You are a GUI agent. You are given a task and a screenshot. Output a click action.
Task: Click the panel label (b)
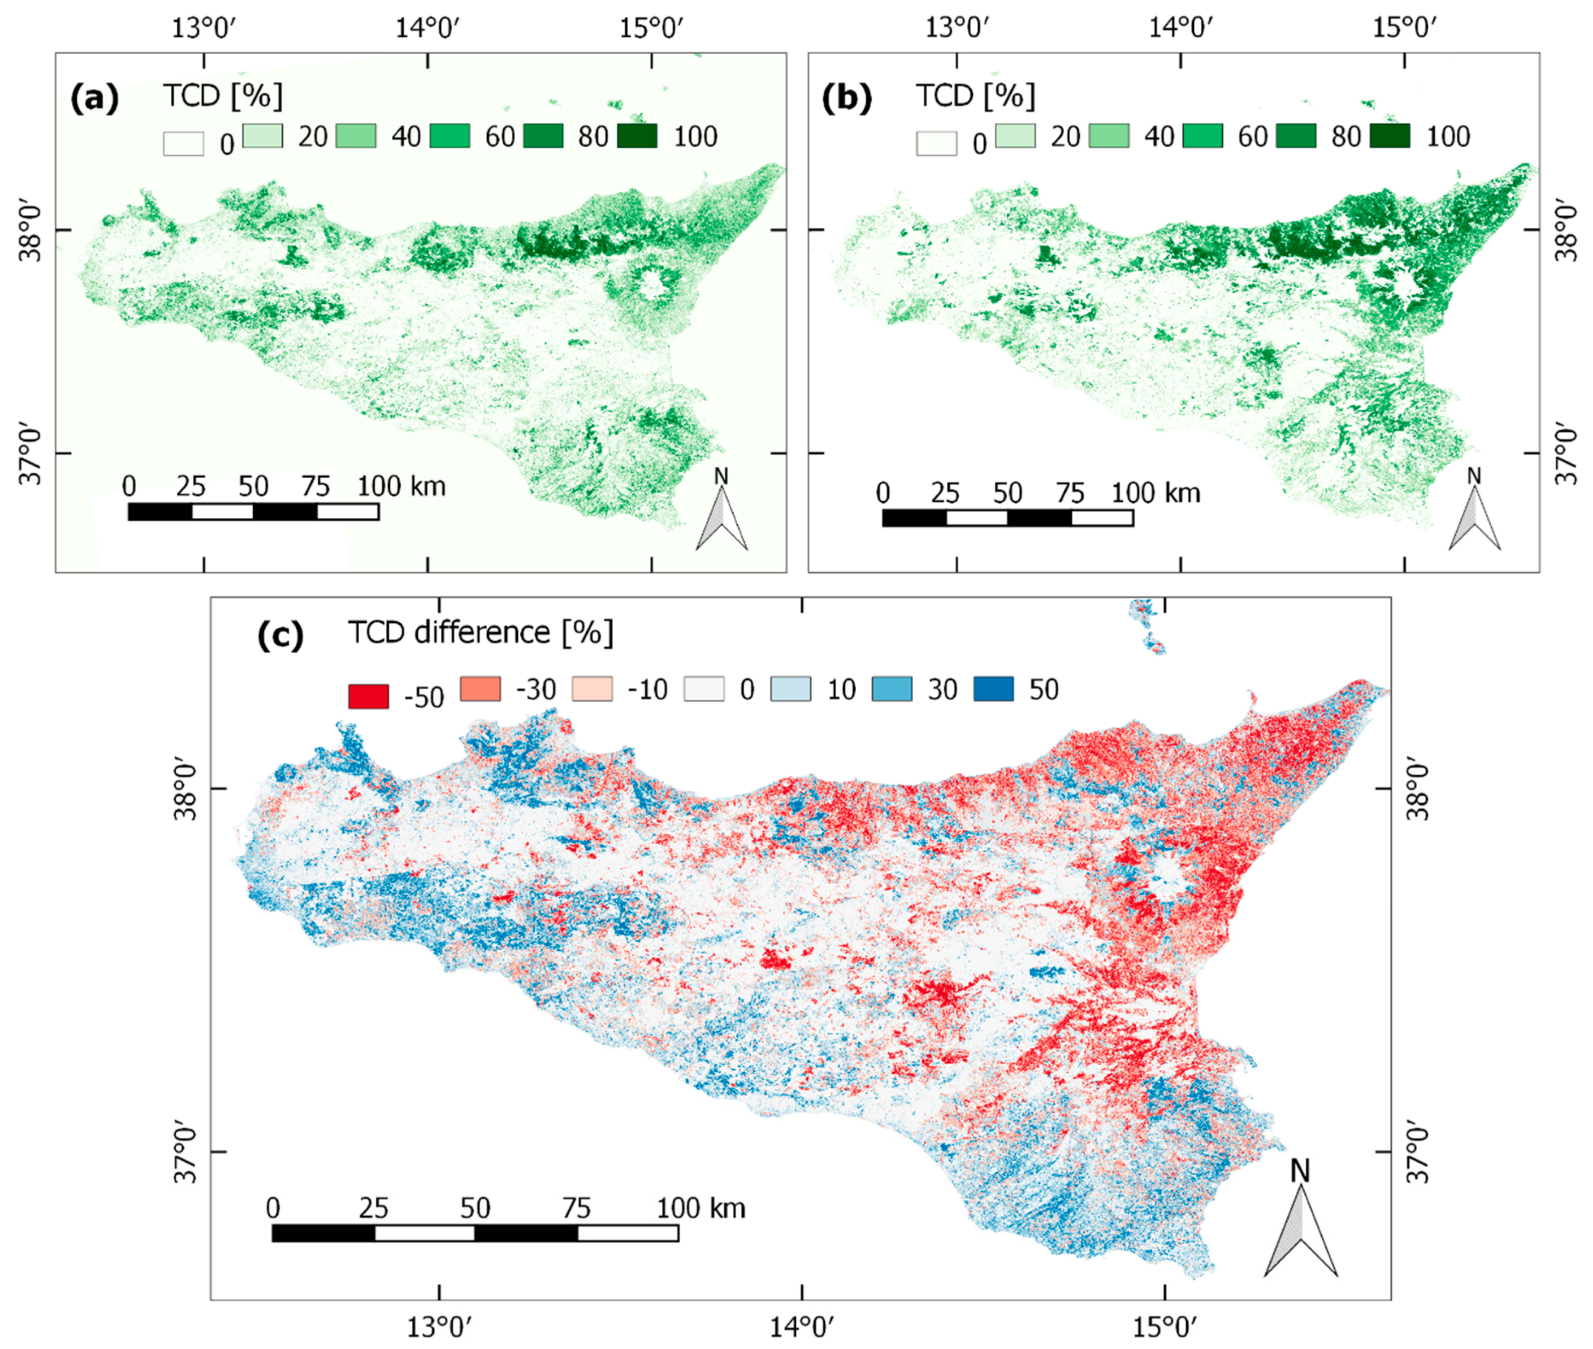[847, 98]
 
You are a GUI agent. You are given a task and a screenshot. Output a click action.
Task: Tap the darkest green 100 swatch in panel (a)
[636, 136]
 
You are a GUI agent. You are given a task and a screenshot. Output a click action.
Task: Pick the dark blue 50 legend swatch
[993, 688]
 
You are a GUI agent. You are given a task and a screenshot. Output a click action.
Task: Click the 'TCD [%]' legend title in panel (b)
[976, 95]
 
